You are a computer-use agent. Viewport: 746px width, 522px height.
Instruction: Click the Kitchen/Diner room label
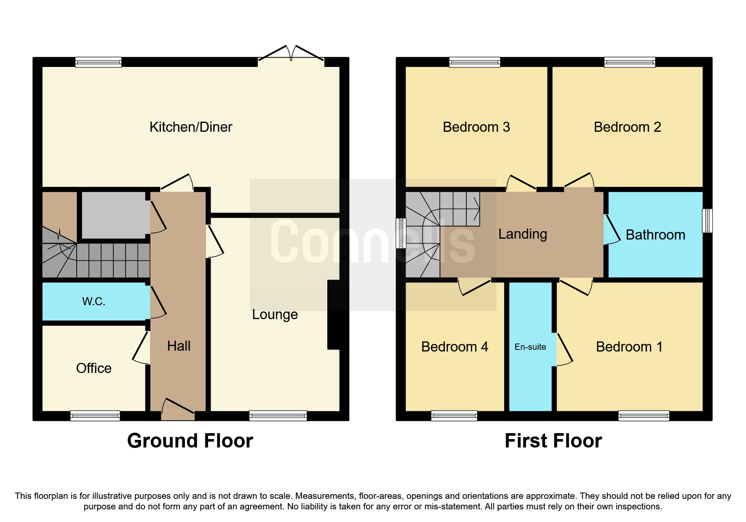point(191,127)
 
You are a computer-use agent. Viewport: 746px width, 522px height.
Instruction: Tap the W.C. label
point(94,301)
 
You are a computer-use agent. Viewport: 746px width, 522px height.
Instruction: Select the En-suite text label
point(530,347)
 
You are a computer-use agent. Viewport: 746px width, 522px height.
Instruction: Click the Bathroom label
point(655,235)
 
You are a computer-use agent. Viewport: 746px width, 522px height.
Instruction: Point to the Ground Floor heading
point(190,441)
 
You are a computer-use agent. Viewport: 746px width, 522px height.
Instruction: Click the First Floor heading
point(553,441)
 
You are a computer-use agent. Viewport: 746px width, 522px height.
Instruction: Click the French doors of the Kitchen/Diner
point(291,55)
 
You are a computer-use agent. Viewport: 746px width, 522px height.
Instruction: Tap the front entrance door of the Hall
point(178,408)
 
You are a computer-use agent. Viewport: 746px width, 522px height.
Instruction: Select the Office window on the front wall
point(95,416)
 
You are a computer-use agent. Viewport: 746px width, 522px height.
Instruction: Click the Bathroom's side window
point(707,221)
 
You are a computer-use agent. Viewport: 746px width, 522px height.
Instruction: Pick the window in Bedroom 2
point(629,62)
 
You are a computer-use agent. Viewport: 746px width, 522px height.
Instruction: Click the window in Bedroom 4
point(454,416)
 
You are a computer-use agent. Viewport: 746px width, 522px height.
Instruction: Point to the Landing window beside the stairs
point(401,233)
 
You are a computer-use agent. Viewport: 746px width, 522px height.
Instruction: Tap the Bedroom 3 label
point(476,127)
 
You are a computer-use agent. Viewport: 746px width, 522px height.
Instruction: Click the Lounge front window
point(278,416)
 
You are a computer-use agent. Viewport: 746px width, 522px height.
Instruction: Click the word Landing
point(522,234)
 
